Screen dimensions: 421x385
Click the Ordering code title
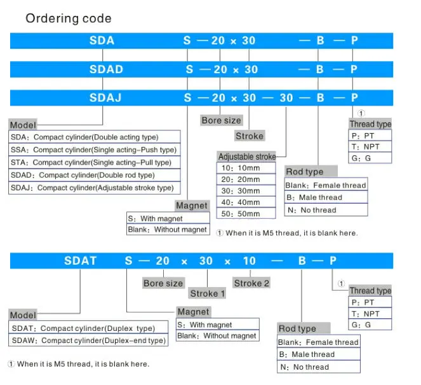[69, 18]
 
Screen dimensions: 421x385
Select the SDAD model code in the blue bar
[106, 69]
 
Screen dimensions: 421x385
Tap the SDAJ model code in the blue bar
[105, 97]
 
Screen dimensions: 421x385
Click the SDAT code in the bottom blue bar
[80, 261]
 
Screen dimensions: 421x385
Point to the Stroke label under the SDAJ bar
[250, 136]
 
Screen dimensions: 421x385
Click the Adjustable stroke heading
[247, 157]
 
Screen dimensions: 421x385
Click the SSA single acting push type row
[94, 150]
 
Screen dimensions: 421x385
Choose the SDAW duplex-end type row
[89, 340]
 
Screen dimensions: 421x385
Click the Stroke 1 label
[207, 293]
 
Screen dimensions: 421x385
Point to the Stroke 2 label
[251, 283]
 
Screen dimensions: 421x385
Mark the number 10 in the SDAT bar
[250, 261]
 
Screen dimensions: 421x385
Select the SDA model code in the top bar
[102, 41]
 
